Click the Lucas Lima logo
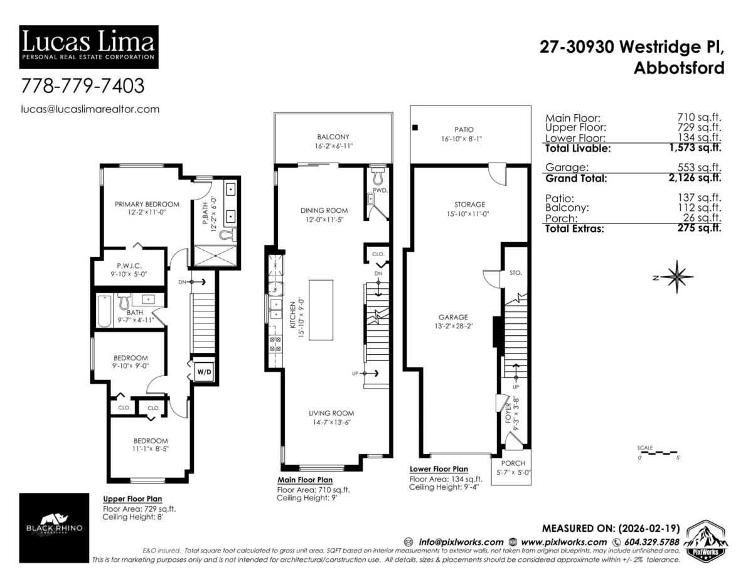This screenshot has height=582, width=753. click(x=88, y=46)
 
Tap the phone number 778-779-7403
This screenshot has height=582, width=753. click(x=83, y=84)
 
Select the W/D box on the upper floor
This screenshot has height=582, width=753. click(x=205, y=372)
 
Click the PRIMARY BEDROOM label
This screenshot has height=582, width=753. click(x=147, y=204)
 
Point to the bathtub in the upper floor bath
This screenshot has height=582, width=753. click(x=104, y=311)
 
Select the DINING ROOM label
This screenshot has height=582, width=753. click(x=324, y=210)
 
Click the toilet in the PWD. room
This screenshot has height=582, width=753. click(x=376, y=171)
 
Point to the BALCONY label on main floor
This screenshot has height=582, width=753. click(x=333, y=137)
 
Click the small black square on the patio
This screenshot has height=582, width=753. click(x=415, y=128)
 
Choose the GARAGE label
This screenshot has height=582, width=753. click(x=453, y=317)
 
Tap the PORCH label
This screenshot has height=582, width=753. click(x=513, y=463)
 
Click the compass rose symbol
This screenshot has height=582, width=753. click(x=676, y=276)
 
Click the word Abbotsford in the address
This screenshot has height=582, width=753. click(x=679, y=68)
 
